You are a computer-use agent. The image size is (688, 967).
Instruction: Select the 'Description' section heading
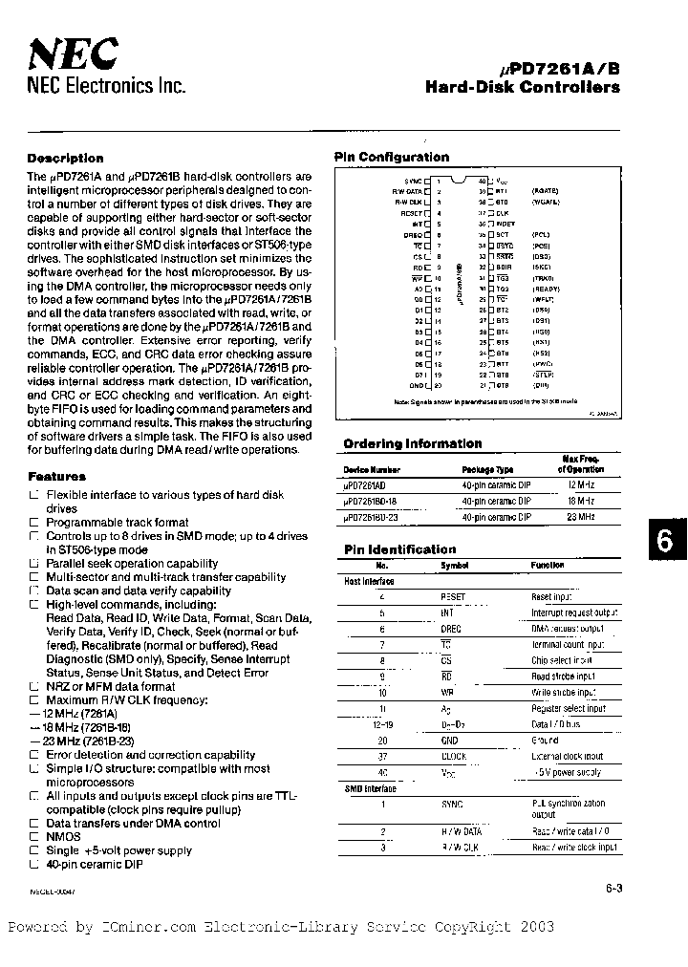pos(65,159)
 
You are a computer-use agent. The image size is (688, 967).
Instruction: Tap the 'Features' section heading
pos(56,476)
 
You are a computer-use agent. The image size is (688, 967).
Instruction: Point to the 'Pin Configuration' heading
pos(391,158)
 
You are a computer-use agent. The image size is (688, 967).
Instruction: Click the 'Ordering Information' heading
pos(412,443)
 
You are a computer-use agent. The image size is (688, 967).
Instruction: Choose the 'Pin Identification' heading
pos(399,549)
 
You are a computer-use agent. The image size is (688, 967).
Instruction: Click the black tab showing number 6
pos(665,540)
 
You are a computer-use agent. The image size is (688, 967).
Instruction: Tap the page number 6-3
pos(613,888)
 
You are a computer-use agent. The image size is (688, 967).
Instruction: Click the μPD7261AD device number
pos(371,485)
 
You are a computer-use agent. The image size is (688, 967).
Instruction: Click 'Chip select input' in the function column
pos(561,660)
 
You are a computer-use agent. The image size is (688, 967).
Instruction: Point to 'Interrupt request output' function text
pos(575,612)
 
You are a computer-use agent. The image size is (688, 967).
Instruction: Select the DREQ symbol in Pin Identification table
pos(451,629)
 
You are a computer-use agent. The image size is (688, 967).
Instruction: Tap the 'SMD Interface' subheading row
pos(370,788)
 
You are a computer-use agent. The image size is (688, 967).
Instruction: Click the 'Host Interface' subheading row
pos(369,581)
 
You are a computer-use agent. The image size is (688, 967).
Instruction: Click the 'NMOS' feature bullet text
pos(64,836)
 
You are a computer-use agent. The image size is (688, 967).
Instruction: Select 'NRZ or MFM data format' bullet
pos(111,686)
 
